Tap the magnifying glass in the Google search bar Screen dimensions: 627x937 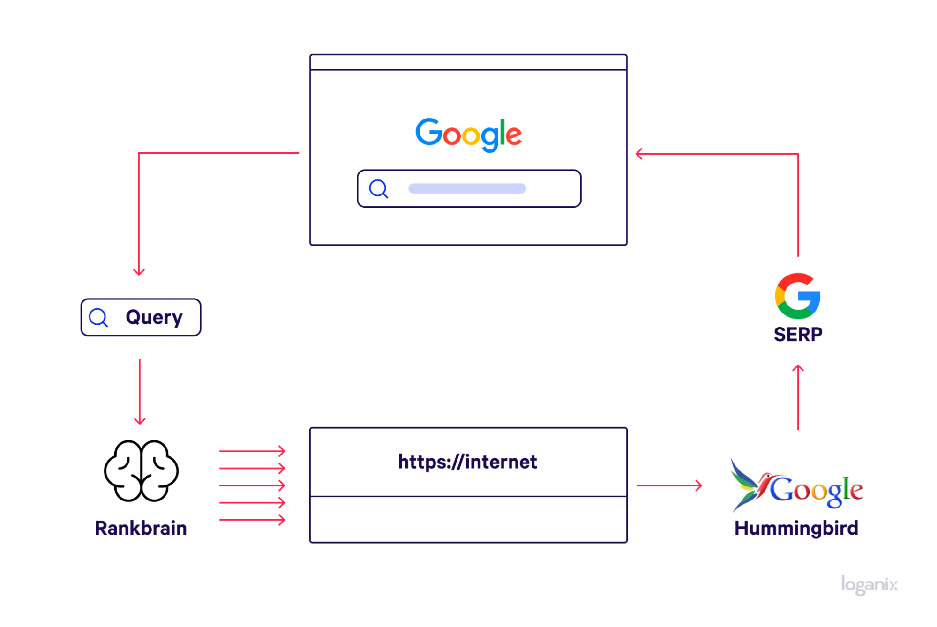click(x=378, y=189)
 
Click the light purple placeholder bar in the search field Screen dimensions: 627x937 click(x=467, y=188)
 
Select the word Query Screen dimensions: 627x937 click(x=154, y=318)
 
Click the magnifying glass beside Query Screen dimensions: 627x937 click(x=98, y=318)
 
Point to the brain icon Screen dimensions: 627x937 click(x=141, y=470)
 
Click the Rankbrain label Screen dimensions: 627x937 click(x=141, y=528)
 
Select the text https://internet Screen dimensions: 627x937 click(x=467, y=462)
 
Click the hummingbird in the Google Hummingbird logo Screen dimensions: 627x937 click(x=749, y=485)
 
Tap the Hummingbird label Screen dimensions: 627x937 click(x=796, y=528)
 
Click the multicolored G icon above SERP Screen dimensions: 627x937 click(x=797, y=296)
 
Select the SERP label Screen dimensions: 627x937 click(x=798, y=335)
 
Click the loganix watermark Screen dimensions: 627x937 click(x=869, y=585)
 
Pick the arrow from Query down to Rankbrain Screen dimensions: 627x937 click(x=140, y=391)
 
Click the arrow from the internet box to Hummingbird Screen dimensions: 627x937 click(x=669, y=485)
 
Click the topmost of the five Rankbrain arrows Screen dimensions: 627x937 click(x=252, y=451)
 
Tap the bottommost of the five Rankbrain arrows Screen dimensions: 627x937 click(x=252, y=520)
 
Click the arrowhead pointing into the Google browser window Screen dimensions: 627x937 click(x=639, y=154)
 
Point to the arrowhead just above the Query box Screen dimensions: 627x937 click(x=139, y=271)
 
